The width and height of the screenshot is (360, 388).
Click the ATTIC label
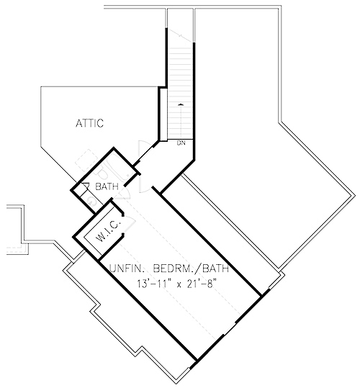pyautogui.click(x=90, y=123)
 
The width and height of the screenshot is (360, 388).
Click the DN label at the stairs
pyautogui.click(x=181, y=143)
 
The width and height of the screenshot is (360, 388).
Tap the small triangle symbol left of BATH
pyautogui.click(x=84, y=186)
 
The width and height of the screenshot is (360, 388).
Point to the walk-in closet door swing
pyautogui.click(x=116, y=215)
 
